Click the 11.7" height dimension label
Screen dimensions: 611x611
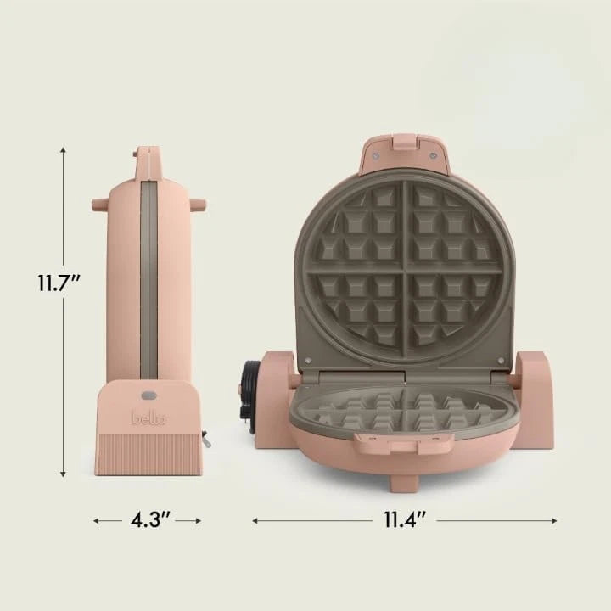point(59,283)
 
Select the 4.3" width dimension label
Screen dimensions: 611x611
point(148,520)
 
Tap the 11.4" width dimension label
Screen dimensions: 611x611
point(404,520)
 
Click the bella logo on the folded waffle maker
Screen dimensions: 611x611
point(149,418)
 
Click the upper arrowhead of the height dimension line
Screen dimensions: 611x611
point(64,151)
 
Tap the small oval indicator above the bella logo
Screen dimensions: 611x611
point(149,395)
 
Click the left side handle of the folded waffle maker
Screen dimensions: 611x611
point(99,205)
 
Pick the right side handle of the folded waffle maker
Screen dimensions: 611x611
point(198,205)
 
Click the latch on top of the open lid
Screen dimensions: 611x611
point(405,145)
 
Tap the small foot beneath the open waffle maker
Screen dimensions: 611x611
point(405,482)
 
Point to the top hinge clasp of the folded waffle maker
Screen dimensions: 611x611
point(148,157)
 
